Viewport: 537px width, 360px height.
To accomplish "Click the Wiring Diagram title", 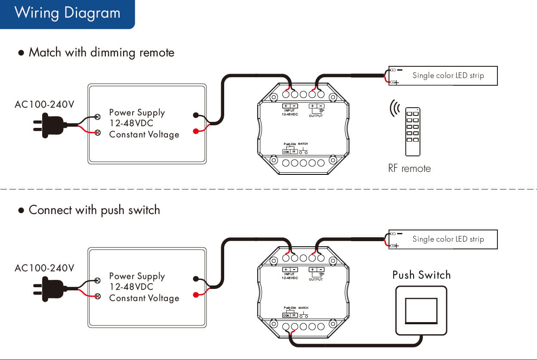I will pyautogui.click(x=68, y=12).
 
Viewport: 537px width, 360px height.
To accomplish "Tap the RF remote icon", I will pyautogui.click(x=413, y=131).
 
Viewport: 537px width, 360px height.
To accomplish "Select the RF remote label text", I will pyautogui.click(x=409, y=168).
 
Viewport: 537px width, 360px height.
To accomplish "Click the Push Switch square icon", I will pyautogui.click(x=421, y=310).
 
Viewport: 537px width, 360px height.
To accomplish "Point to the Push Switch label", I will pyautogui.click(x=421, y=275).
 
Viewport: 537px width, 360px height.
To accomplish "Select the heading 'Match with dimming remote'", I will pyautogui.click(x=102, y=53).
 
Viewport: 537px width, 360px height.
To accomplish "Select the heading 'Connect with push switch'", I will pyautogui.click(x=94, y=210).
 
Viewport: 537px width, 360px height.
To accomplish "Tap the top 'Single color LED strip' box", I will pyautogui.click(x=443, y=76).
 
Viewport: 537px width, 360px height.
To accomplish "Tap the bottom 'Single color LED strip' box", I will pyautogui.click(x=443, y=239).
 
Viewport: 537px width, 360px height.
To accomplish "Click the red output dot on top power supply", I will pyautogui.click(x=196, y=131).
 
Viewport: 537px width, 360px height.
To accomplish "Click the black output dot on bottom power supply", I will pyautogui.click(x=196, y=279).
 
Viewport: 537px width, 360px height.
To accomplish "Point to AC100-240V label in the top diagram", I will pyautogui.click(x=44, y=104).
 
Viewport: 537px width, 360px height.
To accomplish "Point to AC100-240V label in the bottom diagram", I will pyautogui.click(x=44, y=268).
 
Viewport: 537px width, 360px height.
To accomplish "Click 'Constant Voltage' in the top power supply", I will pyautogui.click(x=144, y=134).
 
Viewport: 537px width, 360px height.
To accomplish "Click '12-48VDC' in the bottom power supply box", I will pyautogui.click(x=131, y=287).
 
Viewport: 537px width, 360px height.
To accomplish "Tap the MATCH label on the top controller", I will pyautogui.click(x=303, y=144).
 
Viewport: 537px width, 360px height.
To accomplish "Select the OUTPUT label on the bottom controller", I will pyautogui.click(x=315, y=279).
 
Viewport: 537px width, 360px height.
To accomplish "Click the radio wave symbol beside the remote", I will pyautogui.click(x=394, y=109).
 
